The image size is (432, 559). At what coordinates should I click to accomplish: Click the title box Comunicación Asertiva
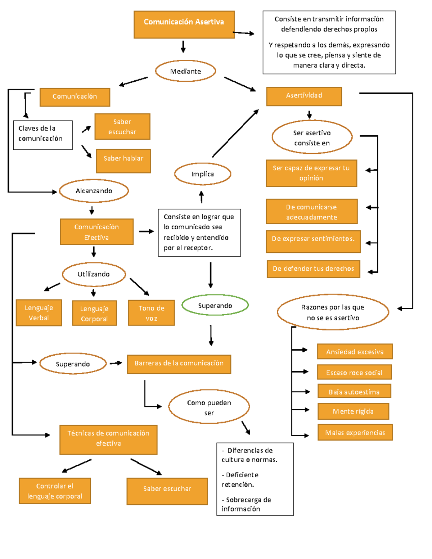[x=184, y=24]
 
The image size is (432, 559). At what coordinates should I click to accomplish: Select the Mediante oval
[x=185, y=71]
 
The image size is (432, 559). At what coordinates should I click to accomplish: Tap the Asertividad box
[x=304, y=96]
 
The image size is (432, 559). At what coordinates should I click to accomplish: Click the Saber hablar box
[x=123, y=161]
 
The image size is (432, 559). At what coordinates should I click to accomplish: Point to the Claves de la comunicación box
[x=43, y=135]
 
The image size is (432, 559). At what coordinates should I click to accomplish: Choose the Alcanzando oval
[x=94, y=191]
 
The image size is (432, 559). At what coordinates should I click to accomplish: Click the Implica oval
[x=202, y=174]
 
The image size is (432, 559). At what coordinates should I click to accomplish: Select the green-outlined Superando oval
[x=215, y=305]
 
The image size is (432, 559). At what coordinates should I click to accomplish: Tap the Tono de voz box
[x=151, y=313]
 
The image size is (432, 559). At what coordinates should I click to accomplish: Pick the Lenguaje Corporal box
[x=94, y=313]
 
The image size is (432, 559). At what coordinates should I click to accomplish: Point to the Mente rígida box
[x=353, y=411]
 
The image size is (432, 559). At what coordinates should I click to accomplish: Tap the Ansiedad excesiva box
[x=355, y=351]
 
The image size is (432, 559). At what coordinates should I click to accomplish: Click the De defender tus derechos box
[x=313, y=269]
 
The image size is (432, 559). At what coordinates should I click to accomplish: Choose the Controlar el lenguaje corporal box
[x=55, y=491]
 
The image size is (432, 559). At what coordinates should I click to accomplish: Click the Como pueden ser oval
[x=209, y=407]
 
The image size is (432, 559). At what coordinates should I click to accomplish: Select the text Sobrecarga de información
[x=246, y=504]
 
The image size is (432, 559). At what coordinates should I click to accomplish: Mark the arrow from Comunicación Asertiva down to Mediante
[x=183, y=47]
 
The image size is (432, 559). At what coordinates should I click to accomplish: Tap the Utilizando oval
[x=94, y=274]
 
